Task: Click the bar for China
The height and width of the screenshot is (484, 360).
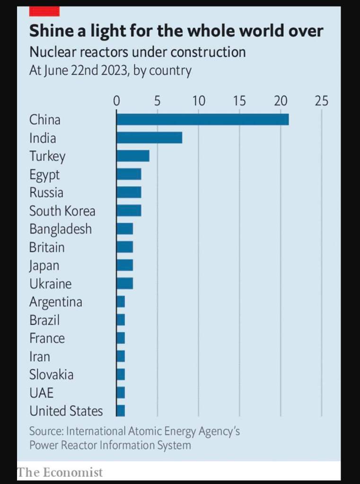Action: [202, 120]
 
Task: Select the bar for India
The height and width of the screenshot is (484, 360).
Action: [149, 138]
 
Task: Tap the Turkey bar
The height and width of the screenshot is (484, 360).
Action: [133, 156]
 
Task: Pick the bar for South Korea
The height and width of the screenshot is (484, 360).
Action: [129, 211]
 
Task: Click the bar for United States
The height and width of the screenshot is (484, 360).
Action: [121, 411]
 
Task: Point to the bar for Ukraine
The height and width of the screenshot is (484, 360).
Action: [125, 283]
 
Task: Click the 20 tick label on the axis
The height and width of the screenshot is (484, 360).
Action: [281, 101]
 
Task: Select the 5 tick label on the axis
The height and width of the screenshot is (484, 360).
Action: [158, 101]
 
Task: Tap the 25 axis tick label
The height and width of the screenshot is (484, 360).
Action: [321, 101]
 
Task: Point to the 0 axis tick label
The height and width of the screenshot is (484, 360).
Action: [117, 101]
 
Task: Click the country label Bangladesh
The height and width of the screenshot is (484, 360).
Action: [61, 229]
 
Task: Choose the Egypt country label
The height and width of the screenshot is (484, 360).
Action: [44, 175]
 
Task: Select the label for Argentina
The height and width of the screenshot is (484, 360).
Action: [56, 302]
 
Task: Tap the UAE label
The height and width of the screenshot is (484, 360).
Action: [41, 393]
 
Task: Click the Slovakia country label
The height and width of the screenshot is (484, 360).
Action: [51, 375]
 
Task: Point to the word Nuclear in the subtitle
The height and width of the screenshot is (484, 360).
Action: [51, 52]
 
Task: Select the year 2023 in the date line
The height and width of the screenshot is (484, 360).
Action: [113, 71]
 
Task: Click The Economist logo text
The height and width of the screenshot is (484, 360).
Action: [60, 472]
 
